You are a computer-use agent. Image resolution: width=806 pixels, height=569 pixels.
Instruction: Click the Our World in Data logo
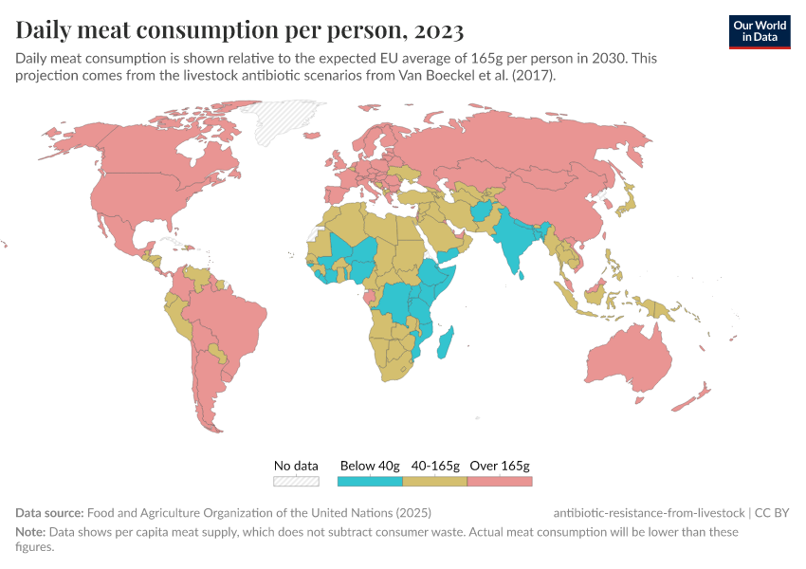pyautogui.click(x=760, y=31)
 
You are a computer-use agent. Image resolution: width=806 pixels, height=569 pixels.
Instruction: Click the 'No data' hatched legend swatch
pyautogui.click(x=296, y=481)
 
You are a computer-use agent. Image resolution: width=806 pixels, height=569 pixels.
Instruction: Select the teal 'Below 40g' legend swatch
pyautogui.click(x=371, y=481)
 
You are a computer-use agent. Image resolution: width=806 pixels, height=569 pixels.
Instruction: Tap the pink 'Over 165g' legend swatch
pyautogui.click(x=500, y=481)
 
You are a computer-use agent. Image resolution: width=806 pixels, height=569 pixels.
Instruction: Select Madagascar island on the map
pyautogui.click(x=446, y=342)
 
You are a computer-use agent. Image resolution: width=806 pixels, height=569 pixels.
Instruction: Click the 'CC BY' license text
pyautogui.click(x=773, y=512)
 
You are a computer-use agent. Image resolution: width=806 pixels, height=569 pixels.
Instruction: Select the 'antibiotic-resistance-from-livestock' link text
pyautogui.click(x=649, y=512)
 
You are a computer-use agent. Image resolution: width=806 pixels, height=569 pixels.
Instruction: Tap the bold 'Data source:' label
pyautogui.click(x=49, y=512)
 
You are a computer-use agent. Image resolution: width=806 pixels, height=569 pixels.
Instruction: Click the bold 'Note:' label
pyautogui.click(x=30, y=532)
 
